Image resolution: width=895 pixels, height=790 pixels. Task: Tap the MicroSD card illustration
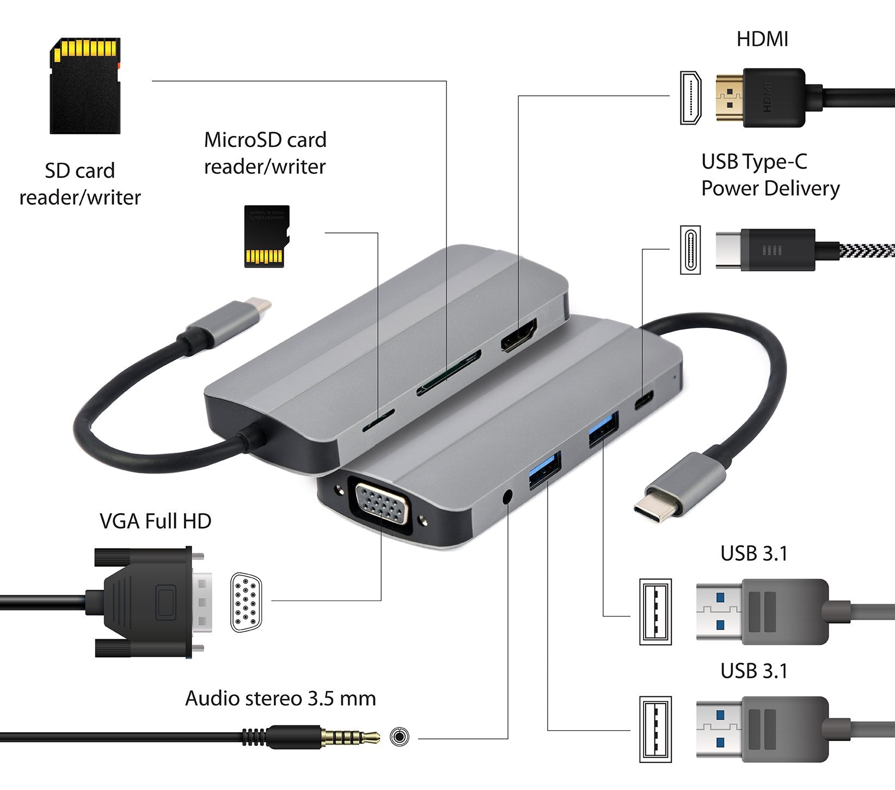click(266, 236)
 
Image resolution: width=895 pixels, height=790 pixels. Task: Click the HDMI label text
click(762, 39)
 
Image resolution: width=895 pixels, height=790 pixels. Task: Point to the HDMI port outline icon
click(690, 98)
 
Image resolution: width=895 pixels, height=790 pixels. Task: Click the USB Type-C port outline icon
click(690, 250)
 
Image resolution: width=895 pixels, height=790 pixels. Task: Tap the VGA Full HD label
click(156, 521)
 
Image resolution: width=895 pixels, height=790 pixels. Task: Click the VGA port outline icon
click(246, 602)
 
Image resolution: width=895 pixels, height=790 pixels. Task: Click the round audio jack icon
click(400, 737)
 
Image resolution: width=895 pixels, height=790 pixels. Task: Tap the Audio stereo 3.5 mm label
click(280, 699)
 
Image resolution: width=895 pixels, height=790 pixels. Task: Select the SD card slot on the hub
click(449, 373)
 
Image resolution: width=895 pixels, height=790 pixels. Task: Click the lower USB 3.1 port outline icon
click(655, 729)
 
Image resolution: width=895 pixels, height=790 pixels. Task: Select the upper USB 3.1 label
click(754, 554)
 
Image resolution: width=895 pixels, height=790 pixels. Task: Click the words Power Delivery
click(770, 189)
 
